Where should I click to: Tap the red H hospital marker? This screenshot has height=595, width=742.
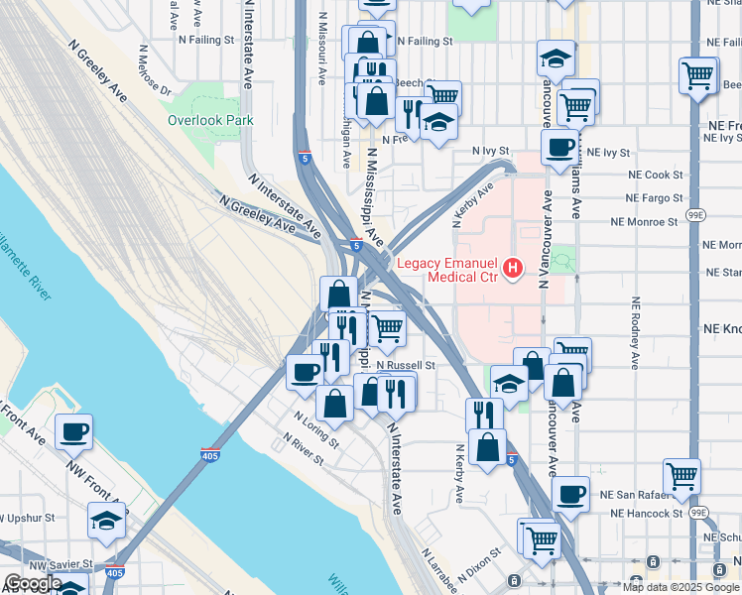(513, 268)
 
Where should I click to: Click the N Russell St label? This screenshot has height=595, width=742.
(406, 365)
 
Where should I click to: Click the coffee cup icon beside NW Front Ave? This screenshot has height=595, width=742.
(73, 432)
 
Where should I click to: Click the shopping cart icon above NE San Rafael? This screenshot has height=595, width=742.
(681, 475)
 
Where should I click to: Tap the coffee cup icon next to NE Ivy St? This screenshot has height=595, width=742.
(559, 148)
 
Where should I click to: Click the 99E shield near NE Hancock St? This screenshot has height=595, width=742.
(699, 513)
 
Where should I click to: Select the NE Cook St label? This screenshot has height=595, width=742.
(656, 174)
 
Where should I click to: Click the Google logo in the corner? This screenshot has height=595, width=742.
(33, 583)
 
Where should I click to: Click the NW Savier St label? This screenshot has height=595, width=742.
(60, 563)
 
